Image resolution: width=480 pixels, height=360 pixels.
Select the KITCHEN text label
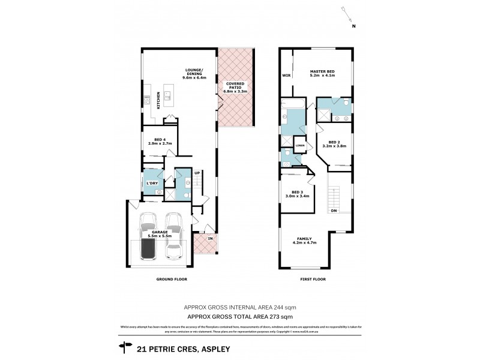point(158,99)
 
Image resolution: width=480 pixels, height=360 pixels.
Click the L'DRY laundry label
point(151,182)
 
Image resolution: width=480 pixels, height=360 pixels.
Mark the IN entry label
point(210,239)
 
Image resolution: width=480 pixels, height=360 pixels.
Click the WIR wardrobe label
point(287,76)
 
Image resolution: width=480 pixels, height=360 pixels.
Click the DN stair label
point(333,211)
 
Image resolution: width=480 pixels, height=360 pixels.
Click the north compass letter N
point(353,26)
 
